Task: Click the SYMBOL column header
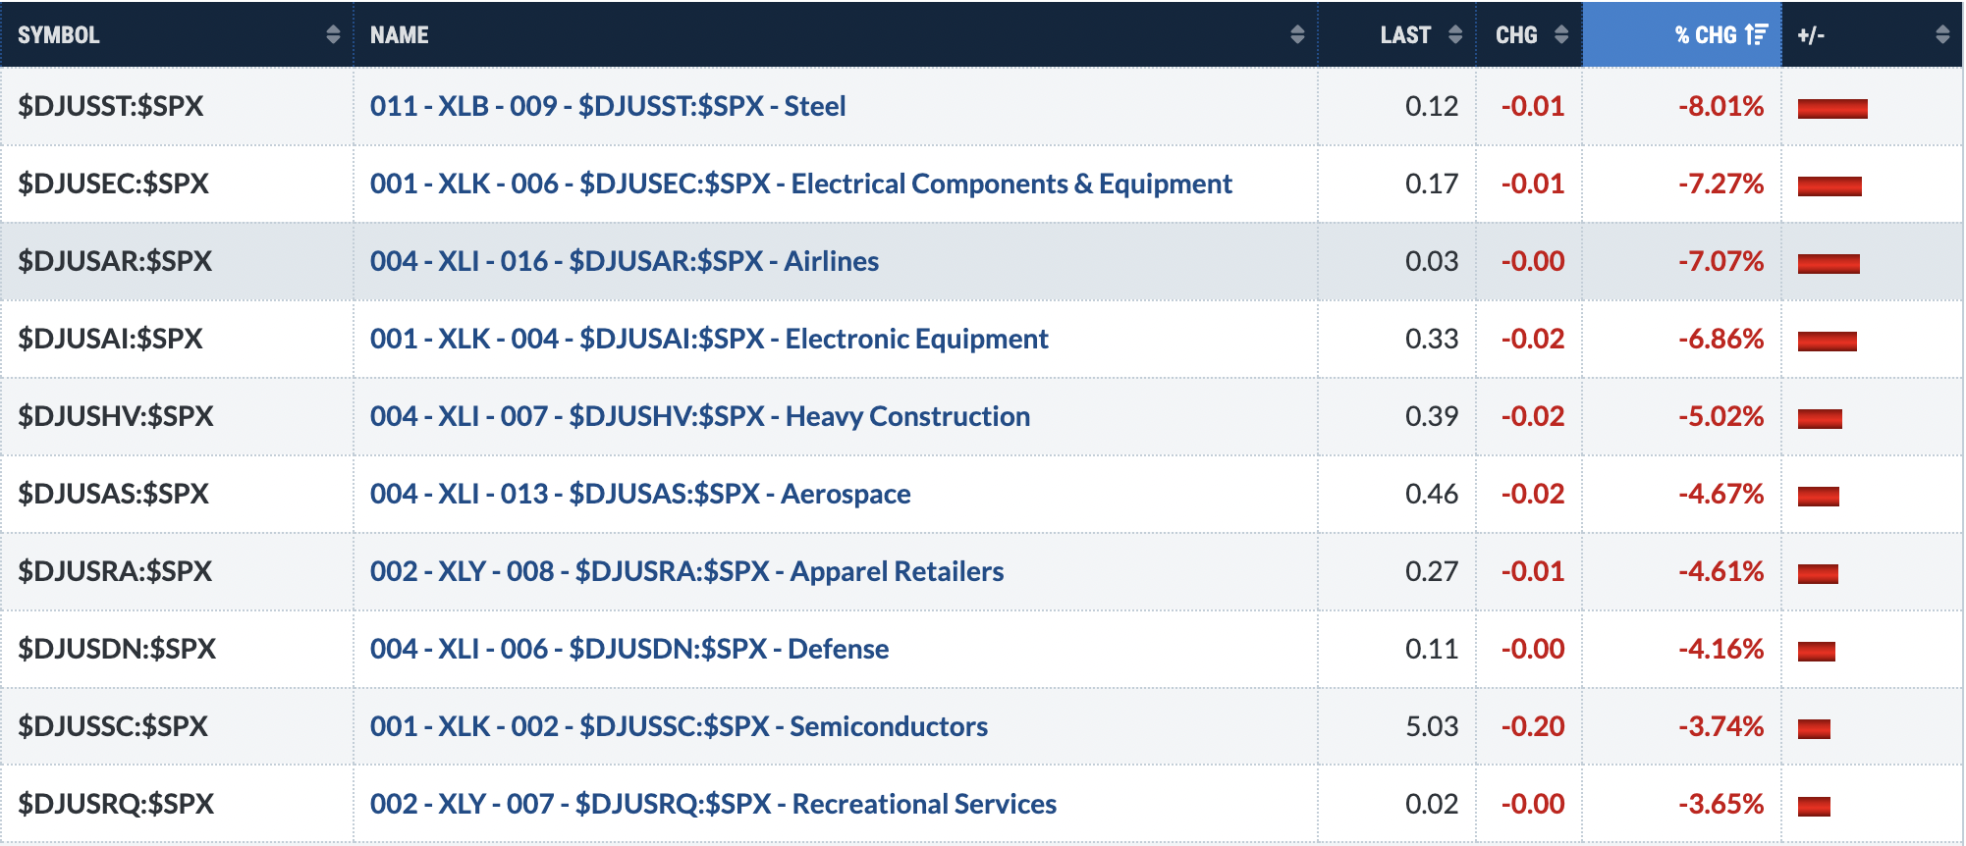59,35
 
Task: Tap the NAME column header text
399,35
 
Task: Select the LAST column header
1405,35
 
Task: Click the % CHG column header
1706,35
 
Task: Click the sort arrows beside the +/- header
1941,35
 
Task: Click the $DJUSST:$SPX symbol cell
111,106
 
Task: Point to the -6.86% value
1720,339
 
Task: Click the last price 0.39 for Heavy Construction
1432,416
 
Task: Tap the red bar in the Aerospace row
1818,496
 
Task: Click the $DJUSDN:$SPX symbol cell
117,649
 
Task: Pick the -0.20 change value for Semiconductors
1532,726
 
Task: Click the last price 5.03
1432,726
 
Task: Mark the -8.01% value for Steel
1720,106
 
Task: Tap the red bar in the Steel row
1832,108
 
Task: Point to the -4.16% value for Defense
1720,649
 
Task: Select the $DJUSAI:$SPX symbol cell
110,339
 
